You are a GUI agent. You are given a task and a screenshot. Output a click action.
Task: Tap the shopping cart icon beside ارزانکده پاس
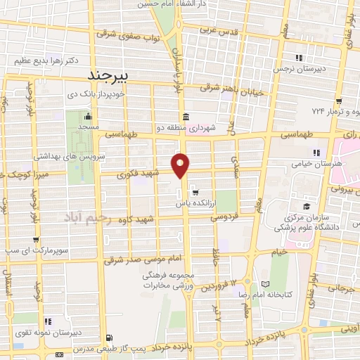(x=195, y=191)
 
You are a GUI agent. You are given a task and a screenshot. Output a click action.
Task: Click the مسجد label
(x=88, y=127)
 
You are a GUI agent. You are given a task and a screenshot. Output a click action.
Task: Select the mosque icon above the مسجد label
(x=88, y=116)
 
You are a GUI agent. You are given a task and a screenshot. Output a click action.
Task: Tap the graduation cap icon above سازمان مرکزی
(x=306, y=206)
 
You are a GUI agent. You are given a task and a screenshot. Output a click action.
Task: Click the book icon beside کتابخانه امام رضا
(x=264, y=285)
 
